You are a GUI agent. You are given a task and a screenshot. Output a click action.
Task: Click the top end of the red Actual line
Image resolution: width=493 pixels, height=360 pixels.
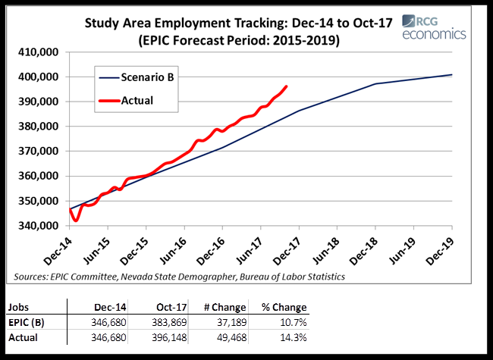[286, 86]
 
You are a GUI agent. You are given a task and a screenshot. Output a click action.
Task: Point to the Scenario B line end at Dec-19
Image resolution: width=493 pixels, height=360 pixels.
[452, 74]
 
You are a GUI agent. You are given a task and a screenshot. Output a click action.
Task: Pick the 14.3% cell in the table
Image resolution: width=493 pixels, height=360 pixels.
[293, 338]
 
